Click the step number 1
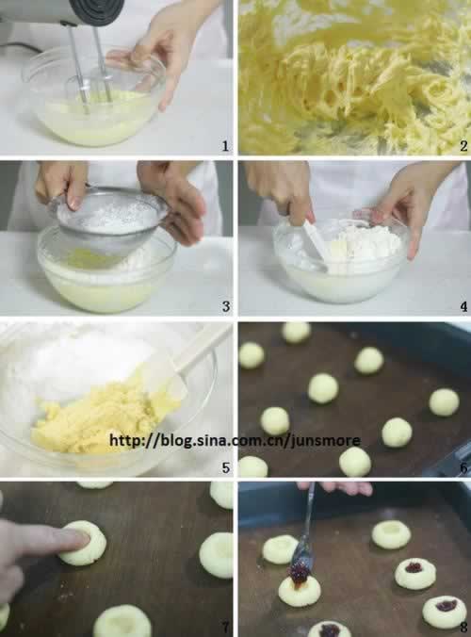pos(225,146)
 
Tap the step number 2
pos(463,146)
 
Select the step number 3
pos(226,306)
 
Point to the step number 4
pos(463,306)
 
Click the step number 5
pos(226,467)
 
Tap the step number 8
pos(463,628)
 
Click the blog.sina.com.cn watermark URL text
pos(235,440)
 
